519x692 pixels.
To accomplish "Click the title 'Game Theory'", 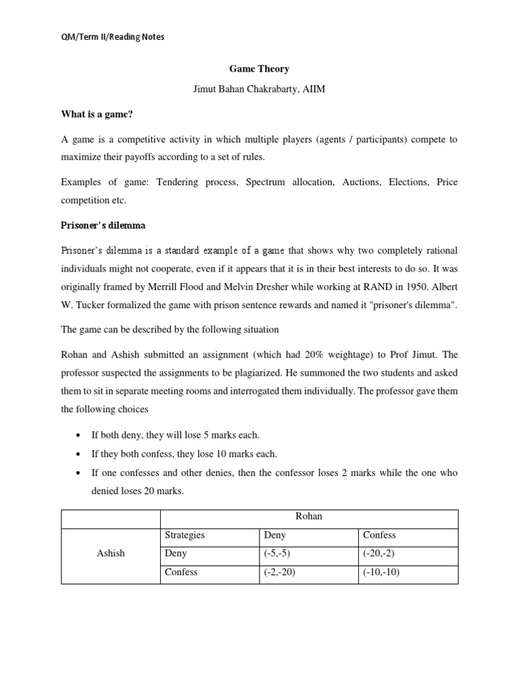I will point(259,68).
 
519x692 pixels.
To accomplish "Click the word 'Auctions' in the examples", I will point(362,182).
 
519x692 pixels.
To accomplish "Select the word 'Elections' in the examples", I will point(409,182).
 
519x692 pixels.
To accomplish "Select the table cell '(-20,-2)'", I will point(380,553).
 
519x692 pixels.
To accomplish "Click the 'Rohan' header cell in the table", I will point(309,516).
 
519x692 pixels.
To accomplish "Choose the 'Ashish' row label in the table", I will point(111,553).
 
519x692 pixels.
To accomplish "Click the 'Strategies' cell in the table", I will point(184,535).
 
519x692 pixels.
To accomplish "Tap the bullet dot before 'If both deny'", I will point(80,435).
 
